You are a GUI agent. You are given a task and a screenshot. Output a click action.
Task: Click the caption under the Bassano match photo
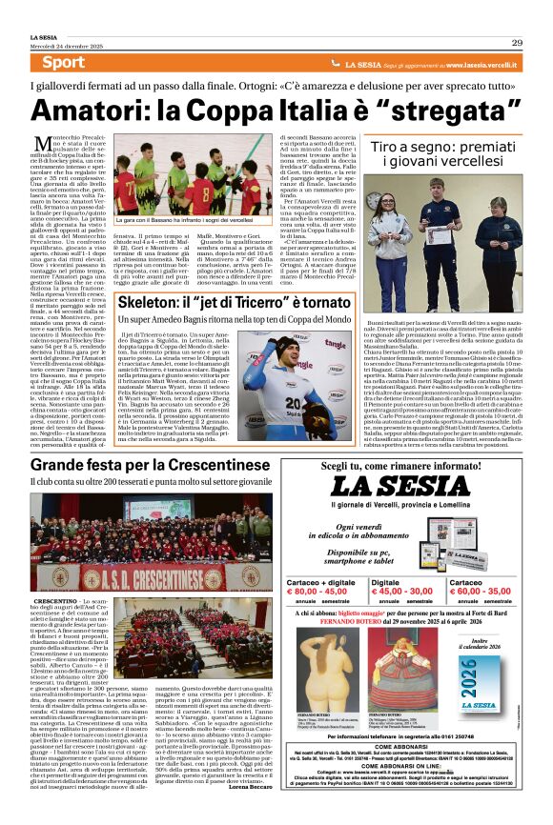195,220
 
